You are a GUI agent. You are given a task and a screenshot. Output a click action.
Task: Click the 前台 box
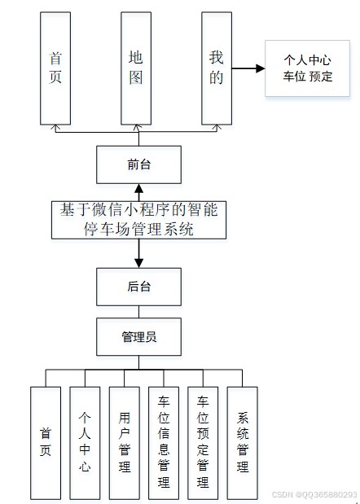(x=138, y=164)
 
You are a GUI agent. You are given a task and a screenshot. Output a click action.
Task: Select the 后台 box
(x=138, y=287)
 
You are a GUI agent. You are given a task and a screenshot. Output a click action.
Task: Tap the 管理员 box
(x=138, y=336)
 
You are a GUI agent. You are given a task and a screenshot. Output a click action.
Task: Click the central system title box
(x=138, y=220)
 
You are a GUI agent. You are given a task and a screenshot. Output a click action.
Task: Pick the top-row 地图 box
(x=136, y=68)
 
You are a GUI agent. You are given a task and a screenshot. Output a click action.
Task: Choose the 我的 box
(x=217, y=68)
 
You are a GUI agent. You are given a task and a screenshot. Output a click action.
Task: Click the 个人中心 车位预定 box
(x=307, y=68)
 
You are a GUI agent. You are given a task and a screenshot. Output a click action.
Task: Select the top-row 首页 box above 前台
(x=55, y=68)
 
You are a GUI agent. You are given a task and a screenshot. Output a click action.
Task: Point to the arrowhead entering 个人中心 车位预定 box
(x=261, y=68)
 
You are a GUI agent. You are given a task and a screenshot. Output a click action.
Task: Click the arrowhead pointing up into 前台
(x=138, y=188)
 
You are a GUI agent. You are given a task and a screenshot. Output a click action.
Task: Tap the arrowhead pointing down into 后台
(x=138, y=263)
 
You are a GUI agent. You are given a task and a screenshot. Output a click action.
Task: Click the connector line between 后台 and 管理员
(x=138, y=312)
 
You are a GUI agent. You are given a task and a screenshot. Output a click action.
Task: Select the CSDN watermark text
(x=314, y=494)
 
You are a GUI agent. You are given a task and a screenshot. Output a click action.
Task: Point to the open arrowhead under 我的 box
(x=217, y=128)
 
